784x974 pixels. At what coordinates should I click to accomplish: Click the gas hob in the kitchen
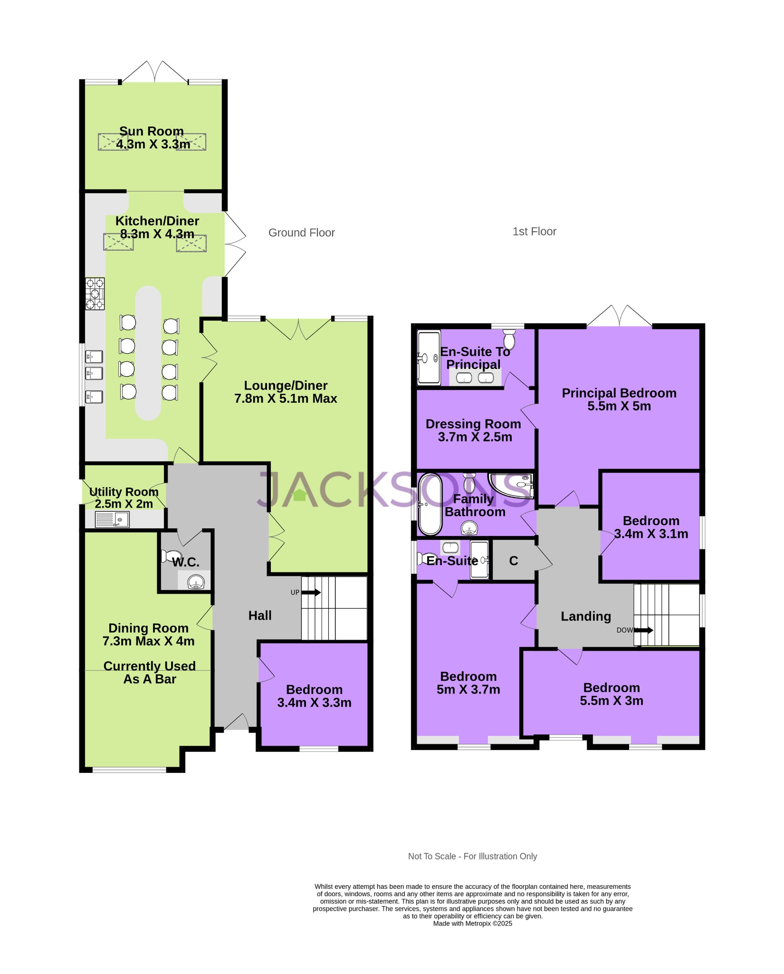tap(95, 294)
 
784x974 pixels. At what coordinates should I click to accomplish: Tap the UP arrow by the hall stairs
tap(311, 593)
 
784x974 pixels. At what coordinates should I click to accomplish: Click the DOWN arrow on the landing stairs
tap(644, 630)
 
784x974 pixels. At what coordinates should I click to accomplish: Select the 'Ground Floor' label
tap(301, 233)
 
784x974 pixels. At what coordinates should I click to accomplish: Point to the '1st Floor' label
tap(534, 232)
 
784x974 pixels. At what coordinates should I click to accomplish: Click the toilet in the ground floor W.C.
tap(170, 556)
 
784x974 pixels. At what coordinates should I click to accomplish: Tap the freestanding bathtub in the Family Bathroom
tap(430, 504)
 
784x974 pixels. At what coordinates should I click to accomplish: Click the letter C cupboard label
tap(513, 561)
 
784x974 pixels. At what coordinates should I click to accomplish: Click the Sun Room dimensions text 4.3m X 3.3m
tap(153, 145)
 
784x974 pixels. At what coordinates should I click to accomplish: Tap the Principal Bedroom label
tap(619, 393)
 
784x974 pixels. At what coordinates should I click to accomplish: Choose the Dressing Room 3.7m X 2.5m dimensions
tap(475, 437)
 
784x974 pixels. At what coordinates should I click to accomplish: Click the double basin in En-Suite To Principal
tap(475, 378)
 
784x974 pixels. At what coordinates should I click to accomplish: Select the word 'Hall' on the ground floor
tap(260, 616)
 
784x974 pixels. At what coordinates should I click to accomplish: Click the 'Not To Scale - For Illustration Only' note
tap(472, 857)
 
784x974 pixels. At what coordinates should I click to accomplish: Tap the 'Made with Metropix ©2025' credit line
tap(472, 924)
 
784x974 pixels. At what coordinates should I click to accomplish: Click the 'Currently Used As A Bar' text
tap(150, 672)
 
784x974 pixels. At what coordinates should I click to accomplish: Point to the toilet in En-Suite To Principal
tap(509, 340)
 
